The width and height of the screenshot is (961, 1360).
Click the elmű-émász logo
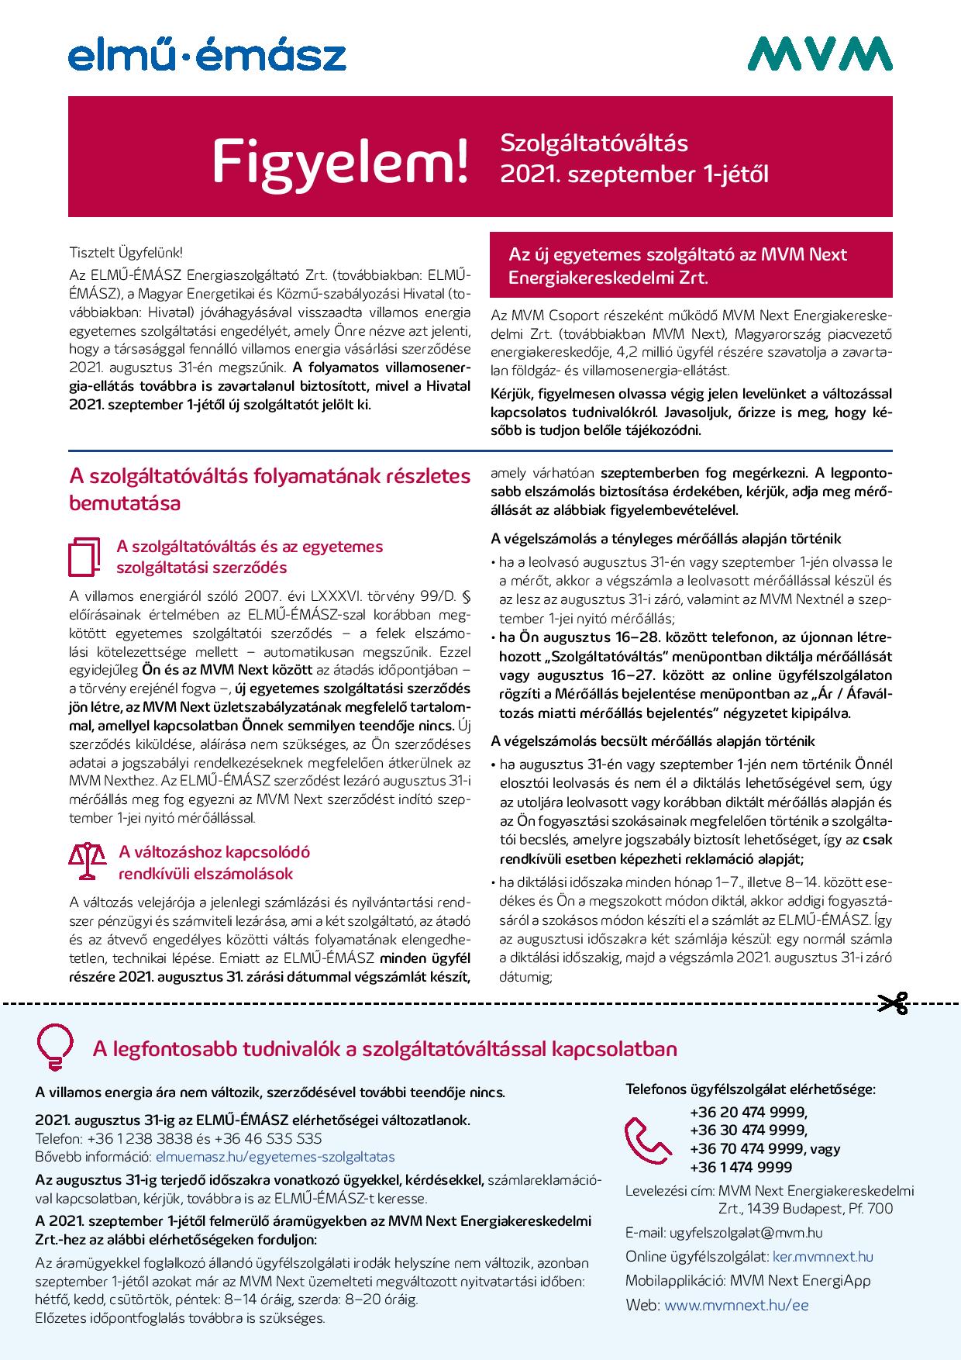207,57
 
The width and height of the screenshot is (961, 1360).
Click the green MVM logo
820,54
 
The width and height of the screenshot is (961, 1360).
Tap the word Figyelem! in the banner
341,161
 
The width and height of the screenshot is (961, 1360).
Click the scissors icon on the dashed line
893,1003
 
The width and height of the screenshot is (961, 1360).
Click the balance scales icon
87,862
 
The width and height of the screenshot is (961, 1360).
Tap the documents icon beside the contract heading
86,557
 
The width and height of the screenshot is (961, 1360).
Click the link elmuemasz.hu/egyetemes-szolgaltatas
275,1157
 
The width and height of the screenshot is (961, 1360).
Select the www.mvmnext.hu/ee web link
736,1305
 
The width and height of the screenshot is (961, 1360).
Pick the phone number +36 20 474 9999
748,1111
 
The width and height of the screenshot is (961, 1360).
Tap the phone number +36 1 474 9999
741,1167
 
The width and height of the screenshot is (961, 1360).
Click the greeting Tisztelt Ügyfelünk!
126,253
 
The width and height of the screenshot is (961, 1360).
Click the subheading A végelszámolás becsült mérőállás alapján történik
653,741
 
